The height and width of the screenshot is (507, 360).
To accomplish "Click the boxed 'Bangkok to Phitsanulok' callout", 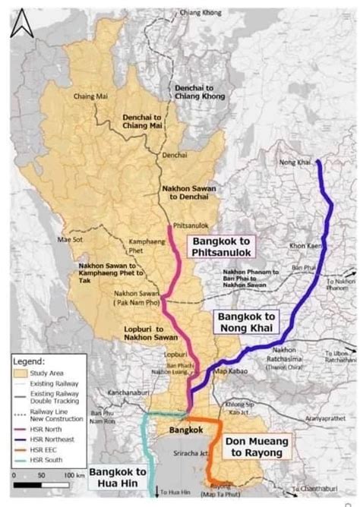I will click(x=221, y=244).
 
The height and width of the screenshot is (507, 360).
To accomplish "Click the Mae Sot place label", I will click(x=69, y=241).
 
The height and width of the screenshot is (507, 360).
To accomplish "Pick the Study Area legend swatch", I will click(x=21, y=372).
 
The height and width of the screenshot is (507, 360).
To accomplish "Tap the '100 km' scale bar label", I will click(x=74, y=474).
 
